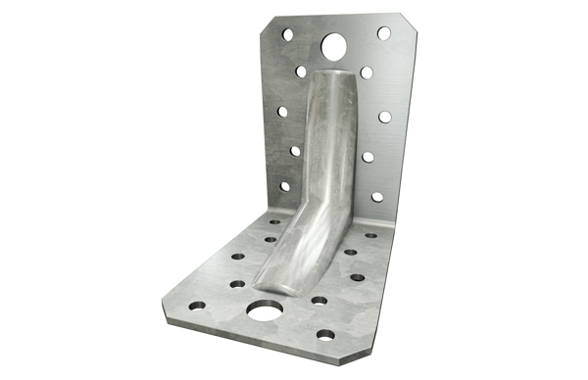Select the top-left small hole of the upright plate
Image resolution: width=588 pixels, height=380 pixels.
click(x=288, y=34)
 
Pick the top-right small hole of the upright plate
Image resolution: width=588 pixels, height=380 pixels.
click(x=384, y=33)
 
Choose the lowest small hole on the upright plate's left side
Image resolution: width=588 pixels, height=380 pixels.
click(x=285, y=186)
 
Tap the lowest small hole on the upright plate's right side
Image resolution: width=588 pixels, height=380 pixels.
click(x=377, y=196)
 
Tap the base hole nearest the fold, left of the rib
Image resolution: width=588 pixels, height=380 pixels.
click(x=271, y=223)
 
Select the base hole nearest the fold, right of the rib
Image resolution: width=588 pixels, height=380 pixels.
click(x=370, y=235)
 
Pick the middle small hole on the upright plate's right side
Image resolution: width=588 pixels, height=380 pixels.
click(x=385, y=117)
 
